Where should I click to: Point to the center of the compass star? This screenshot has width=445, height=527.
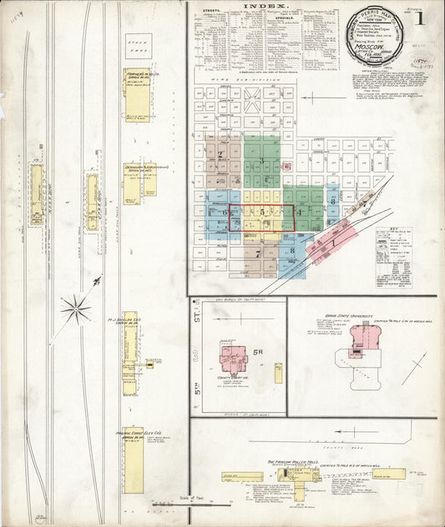point(76,309)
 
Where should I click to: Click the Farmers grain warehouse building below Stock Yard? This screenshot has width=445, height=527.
point(138,94)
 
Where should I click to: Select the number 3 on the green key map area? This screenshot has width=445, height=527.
point(261,160)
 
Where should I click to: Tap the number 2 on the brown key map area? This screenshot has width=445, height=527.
point(220,154)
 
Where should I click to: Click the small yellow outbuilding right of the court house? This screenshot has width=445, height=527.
point(278,372)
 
